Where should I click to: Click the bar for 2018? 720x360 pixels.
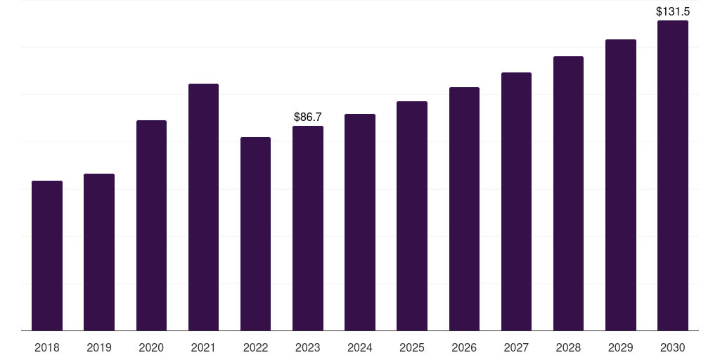click(x=47, y=256)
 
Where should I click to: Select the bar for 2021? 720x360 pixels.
click(x=203, y=207)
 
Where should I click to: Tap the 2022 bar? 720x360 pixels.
click(x=255, y=234)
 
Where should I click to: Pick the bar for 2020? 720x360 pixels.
click(x=151, y=226)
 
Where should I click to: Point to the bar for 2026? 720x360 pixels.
click(x=464, y=209)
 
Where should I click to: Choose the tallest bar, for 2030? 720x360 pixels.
click(x=672, y=176)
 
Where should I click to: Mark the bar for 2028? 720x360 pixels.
click(x=568, y=193)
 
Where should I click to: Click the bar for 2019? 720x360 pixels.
click(x=99, y=252)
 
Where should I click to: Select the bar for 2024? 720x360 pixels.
click(x=360, y=222)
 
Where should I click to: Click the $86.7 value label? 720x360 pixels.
click(x=308, y=117)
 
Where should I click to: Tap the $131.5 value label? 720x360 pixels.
click(x=672, y=11)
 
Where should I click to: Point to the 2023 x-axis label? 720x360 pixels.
click(x=308, y=347)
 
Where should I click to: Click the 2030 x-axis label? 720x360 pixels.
click(x=672, y=347)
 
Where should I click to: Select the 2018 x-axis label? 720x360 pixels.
click(x=47, y=347)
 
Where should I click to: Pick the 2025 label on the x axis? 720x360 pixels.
click(x=412, y=347)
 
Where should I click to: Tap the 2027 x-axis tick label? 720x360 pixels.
click(x=516, y=347)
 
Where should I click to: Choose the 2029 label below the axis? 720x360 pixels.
click(x=620, y=347)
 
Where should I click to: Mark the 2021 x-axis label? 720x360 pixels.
click(x=203, y=347)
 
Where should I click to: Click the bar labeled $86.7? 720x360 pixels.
click(x=308, y=229)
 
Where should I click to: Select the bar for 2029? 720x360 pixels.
click(x=620, y=185)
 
